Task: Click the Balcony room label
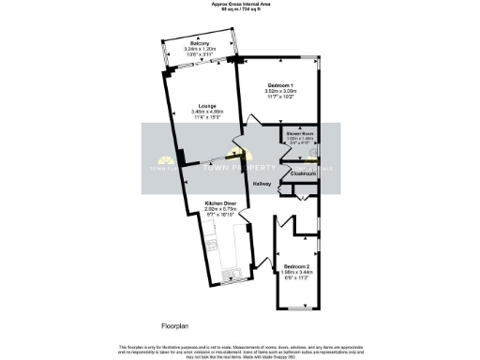click(199, 44)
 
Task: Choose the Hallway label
click(262, 184)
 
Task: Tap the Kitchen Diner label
click(223, 202)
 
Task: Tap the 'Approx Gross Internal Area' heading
click(240, 5)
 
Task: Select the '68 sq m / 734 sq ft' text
click(240, 10)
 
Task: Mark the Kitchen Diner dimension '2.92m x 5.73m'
click(223, 208)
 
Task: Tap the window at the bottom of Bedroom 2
click(298, 308)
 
